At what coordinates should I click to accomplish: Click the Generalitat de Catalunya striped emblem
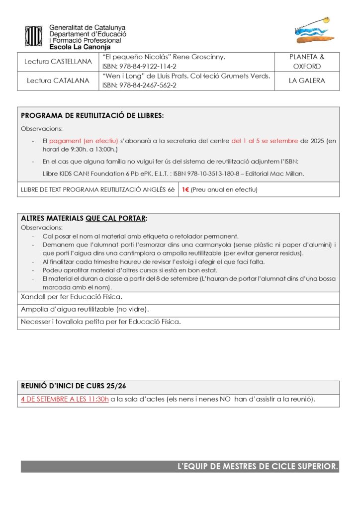point(34,36)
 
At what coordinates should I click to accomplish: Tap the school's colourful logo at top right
point(313,31)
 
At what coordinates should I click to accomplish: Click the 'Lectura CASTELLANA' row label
point(58,62)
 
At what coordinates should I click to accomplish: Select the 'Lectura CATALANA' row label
point(58,81)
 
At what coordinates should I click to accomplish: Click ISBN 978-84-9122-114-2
point(139,67)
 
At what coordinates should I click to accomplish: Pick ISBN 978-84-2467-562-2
point(139,85)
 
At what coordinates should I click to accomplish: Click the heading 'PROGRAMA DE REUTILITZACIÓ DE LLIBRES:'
point(92,116)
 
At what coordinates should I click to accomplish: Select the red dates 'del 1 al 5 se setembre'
point(265,141)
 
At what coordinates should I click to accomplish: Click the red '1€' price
point(185,190)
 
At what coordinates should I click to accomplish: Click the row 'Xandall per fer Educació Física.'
point(72,297)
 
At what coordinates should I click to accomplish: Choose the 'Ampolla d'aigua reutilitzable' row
point(85,310)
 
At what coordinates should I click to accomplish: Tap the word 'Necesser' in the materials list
point(35,322)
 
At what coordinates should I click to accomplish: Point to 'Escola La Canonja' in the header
point(80,47)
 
